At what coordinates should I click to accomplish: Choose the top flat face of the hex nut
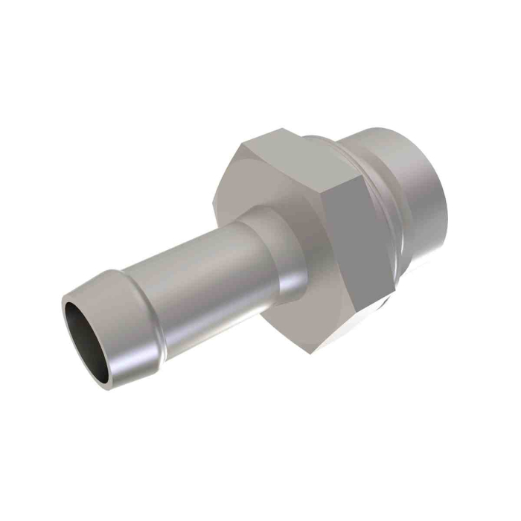298,153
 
